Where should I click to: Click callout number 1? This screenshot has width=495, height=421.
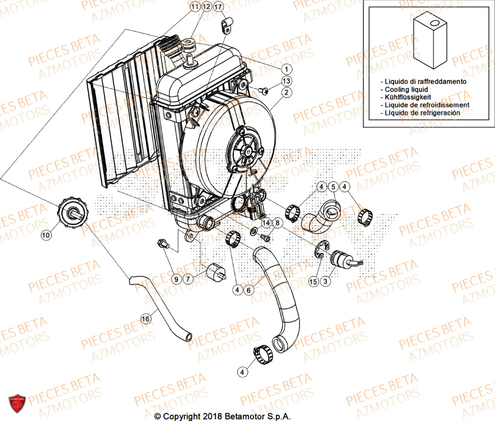(287, 69)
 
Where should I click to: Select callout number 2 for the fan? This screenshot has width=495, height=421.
(287, 92)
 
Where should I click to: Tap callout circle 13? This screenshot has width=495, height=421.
(287, 81)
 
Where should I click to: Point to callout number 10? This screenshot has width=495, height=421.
(46, 236)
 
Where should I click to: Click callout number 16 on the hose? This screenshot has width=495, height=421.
(145, 319)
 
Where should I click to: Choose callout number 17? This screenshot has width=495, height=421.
(218, 7)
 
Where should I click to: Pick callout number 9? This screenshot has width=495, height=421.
(176, 279)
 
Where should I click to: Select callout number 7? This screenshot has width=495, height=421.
(188, 279)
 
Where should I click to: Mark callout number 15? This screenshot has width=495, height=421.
(313, 281)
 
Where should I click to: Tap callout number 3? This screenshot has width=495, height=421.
(325, 281)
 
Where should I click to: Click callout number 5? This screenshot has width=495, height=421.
(334, 187)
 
